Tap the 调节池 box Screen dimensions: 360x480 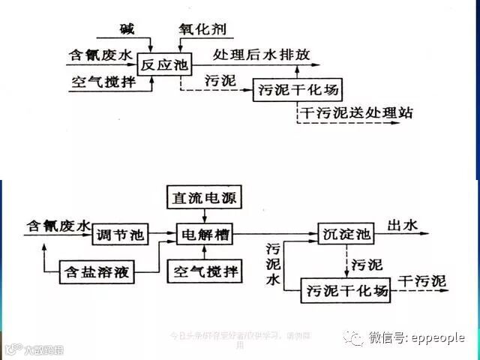[119, 235]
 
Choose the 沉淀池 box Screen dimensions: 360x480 [344, 235]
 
